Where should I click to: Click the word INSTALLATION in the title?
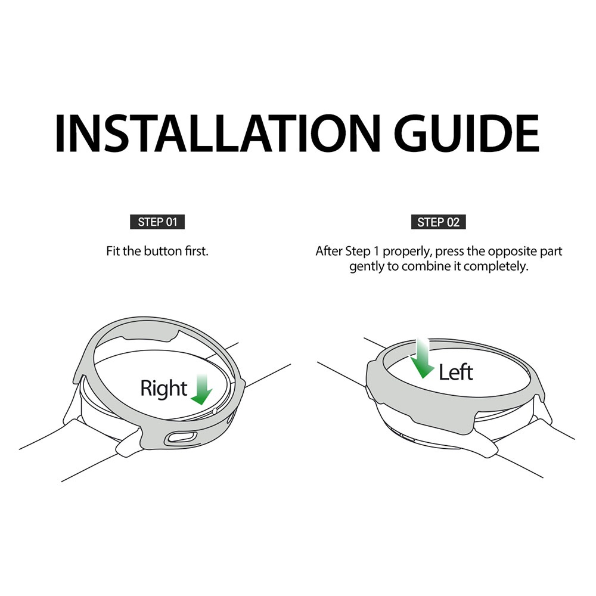(218, 133)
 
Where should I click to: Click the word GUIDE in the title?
(467, 133)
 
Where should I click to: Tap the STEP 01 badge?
(157, 222)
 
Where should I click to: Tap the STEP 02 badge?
(438, 222)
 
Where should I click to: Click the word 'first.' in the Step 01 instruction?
(197, 252)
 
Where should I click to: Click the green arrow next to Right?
(202, 389)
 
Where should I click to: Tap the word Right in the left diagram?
(164, 389)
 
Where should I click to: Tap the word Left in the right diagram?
(456, 372)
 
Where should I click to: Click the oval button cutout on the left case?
(180, 437)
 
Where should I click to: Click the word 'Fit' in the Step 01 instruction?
(113, 252)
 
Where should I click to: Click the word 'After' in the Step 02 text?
(329, 252)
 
